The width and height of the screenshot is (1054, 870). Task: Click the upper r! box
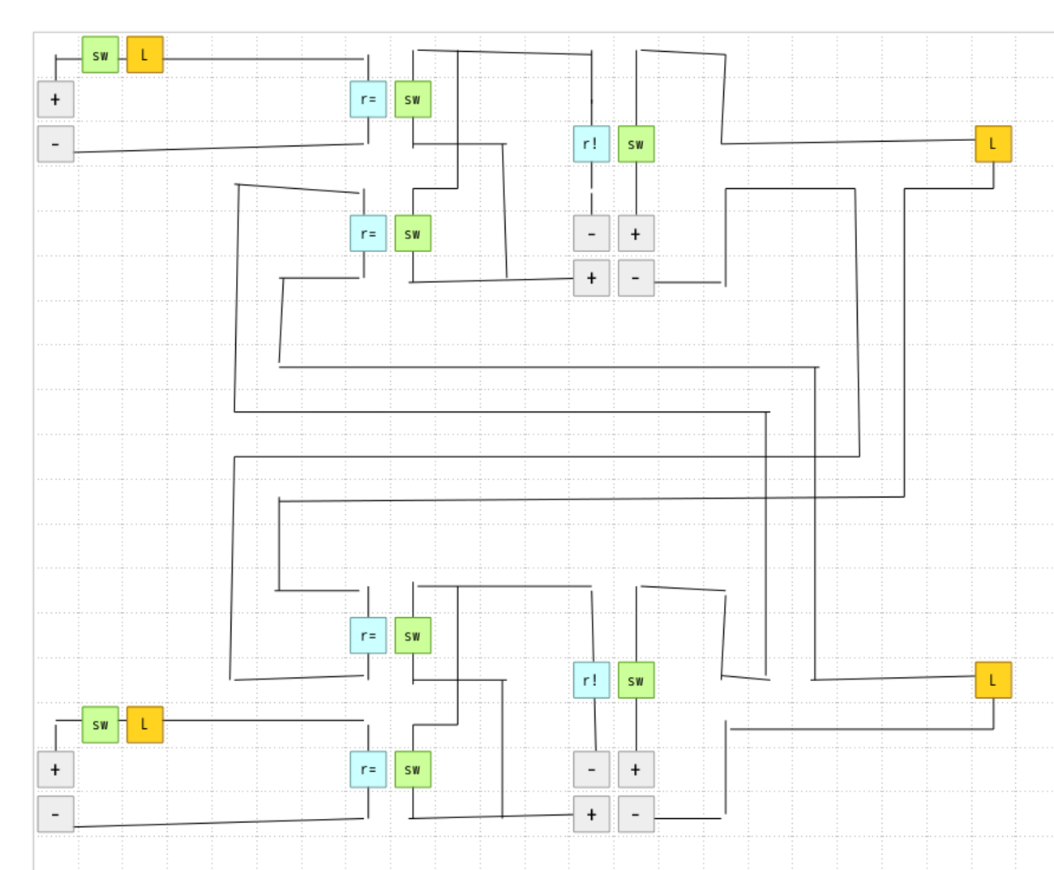591,144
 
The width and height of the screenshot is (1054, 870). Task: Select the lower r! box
591,680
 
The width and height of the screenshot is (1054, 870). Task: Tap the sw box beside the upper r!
636,144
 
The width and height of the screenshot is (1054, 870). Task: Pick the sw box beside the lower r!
636,680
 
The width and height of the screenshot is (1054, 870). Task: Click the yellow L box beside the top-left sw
145,55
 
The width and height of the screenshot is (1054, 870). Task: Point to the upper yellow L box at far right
992,144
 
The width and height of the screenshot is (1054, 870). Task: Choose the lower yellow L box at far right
992,680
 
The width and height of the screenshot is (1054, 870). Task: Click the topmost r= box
368,100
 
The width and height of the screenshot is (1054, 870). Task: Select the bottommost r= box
368,769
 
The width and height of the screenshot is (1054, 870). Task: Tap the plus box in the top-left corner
55,100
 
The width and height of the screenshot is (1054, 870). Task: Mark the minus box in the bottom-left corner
55,814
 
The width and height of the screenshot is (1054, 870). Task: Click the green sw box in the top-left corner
100,55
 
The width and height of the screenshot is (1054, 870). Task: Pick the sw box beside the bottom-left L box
100,725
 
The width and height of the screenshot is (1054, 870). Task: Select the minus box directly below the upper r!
591,234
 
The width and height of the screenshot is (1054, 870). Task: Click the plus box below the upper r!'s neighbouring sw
636,234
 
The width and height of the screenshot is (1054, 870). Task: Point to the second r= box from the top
368,234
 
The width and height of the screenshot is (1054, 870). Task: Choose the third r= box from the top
368,636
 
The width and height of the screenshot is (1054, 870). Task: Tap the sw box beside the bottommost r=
413,769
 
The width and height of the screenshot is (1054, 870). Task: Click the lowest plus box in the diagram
591,814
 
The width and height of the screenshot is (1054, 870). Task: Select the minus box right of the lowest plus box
636,814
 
